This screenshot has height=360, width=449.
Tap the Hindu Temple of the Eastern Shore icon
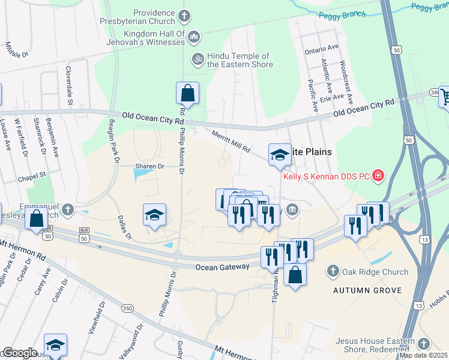click(x=196, y=59)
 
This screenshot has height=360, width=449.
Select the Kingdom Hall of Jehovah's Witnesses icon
click(x=193, y=38)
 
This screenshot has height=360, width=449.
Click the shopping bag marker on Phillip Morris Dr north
click(x=187, y=94)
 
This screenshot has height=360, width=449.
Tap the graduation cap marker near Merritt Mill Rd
click(x=279, y=155)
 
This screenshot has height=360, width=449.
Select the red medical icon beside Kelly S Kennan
click(x=378, y=176)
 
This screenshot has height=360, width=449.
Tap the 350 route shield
click(x=127, y=308)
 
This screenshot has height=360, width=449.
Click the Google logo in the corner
click(x=20, y=353)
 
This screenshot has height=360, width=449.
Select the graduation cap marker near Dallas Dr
click(x=154, y=215)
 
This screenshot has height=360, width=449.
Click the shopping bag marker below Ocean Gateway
click(x=295, y=275)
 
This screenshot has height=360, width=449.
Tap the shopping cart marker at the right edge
click(x=445, y=97)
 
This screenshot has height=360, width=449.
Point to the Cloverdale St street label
click(x=70, y=85)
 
